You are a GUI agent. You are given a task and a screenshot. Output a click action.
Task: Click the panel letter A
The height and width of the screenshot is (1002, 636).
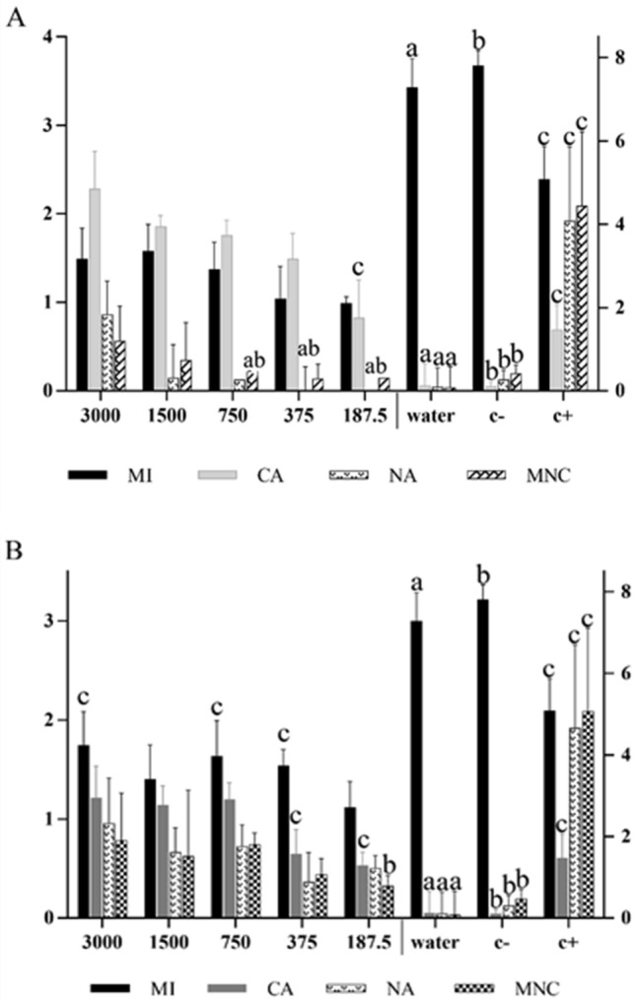tap(14, 20)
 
